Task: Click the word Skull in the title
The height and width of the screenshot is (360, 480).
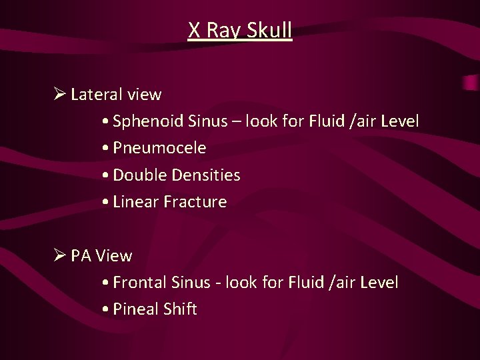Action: point(269,31)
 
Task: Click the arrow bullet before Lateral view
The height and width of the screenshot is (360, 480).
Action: point(58,94)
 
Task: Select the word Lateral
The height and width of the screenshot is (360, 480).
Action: point(94,95)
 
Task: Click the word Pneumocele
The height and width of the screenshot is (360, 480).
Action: point(159,148)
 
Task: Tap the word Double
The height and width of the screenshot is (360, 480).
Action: point(140,175)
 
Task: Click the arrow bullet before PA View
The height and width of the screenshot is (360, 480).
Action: point(58,255)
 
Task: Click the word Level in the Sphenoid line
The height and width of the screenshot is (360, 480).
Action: point(399,121)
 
